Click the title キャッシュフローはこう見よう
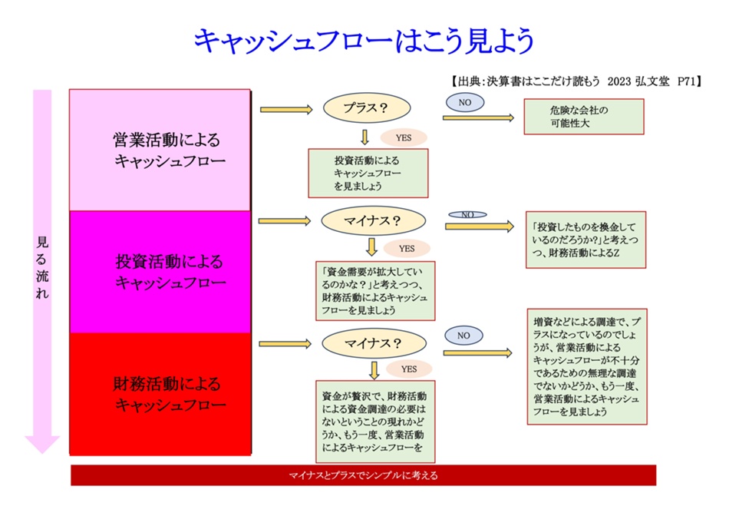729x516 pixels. point(364,41)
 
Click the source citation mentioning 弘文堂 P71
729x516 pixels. point(576,81)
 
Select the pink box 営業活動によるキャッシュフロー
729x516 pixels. point(160,150)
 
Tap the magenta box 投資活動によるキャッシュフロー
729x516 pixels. point(160,272)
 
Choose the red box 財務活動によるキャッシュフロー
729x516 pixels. point(160,394)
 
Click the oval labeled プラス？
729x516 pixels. point(367,108)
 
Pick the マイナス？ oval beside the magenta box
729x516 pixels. point(374,221)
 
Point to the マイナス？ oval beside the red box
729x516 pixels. point(374,343)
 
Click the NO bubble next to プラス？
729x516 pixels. point(465,102)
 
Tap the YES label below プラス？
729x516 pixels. point(404,137)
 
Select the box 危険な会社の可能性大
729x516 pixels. point(584,117)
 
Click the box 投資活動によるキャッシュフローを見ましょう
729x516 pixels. point(368,173)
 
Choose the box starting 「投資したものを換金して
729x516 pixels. point(586,240)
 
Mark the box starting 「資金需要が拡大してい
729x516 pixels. point(375,291)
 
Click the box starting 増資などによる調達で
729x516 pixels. point(587,366)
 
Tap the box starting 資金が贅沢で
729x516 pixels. point(375,422)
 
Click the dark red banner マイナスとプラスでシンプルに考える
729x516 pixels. point(363,475)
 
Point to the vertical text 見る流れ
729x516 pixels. point(42,267)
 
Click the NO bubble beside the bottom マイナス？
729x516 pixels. point(463,336)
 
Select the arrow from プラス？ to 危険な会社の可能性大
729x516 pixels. point(478,118)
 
